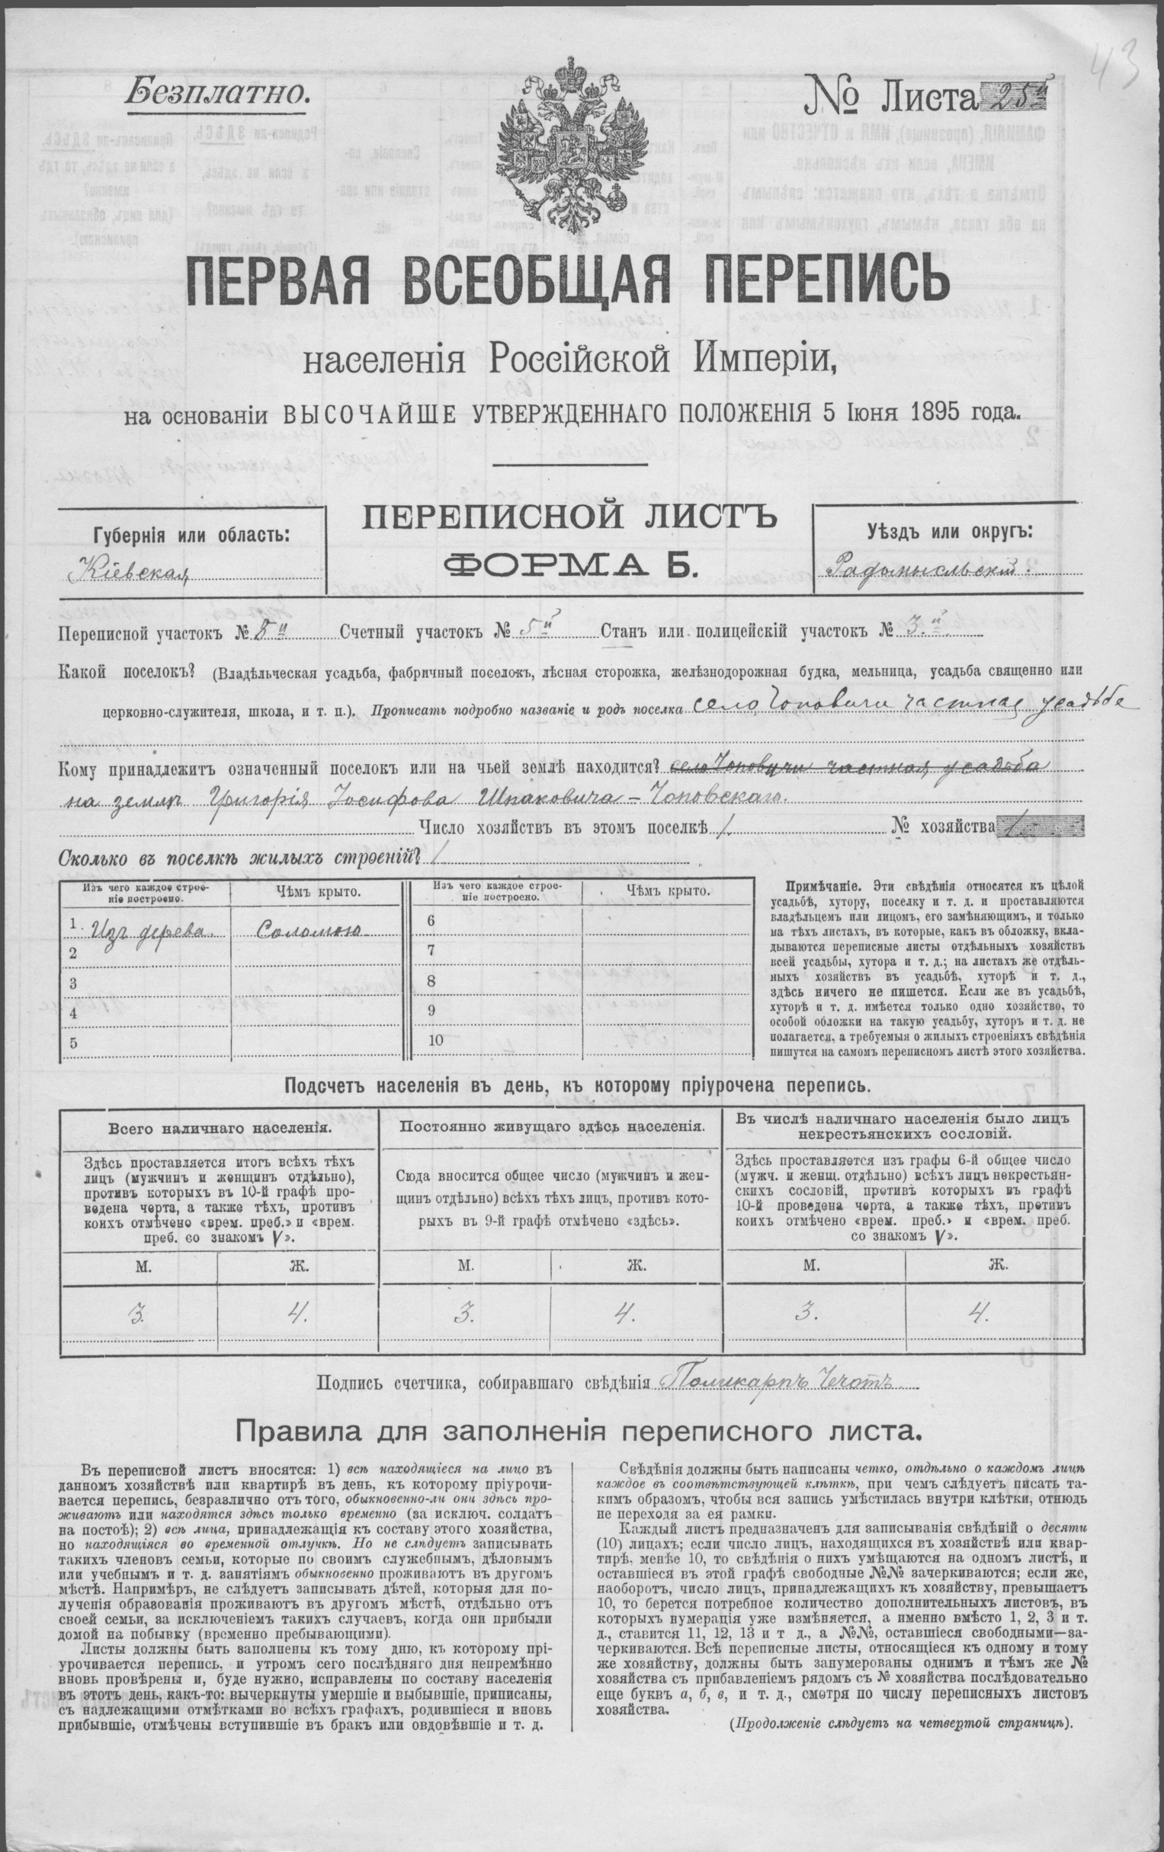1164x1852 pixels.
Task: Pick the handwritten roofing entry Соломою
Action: (317, 932)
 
